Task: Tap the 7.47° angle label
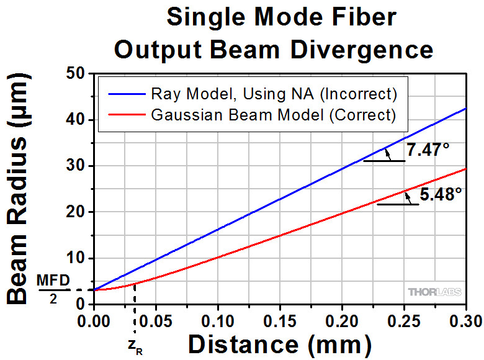pyautogui.click(x=428, y=150)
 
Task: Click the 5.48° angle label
pyautogui.click(x=441, y=194)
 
